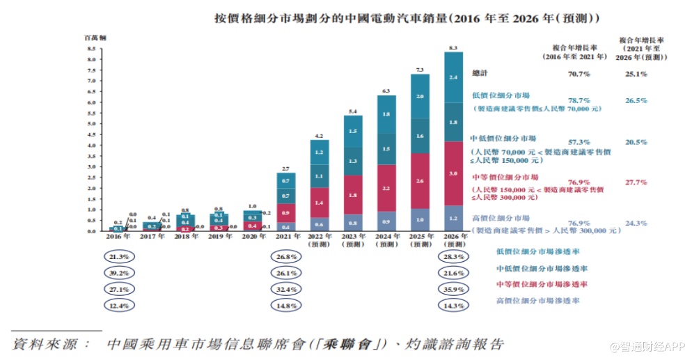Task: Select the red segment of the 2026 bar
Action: (x=453, y=173)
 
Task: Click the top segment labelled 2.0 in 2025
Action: (x=419, y=96)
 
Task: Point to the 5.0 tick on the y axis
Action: (x=91, y=124)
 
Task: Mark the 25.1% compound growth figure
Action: (x=637, y=73)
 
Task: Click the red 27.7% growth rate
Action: (x=637, y=182)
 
